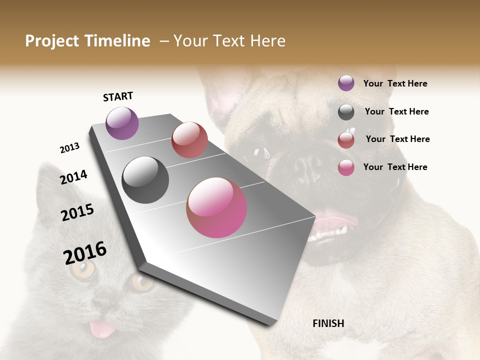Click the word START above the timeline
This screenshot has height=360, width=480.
pyautogui.click(x=118, y=96)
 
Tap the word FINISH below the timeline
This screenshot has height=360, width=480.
pyautogui.click(x=328, y=323)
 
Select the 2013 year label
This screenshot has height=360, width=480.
pyautogui.click(x=69, y=148)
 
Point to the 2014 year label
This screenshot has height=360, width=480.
pyautogui.click(x=73, y=177)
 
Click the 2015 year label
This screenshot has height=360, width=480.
pyautogui.click(x=77, y=212)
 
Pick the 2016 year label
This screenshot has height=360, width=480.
pyautogui.click(x=85, y=253)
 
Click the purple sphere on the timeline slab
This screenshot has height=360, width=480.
pyautogui.click(x=122, y=123)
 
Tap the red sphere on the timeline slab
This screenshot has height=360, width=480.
pyautogui.click(x=189, y=140)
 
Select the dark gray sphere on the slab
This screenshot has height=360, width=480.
pyautogui.click(x=145, y=180)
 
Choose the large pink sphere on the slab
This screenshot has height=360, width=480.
pyautogui.click(x=216, y=207)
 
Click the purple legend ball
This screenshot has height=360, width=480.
pyautogui.click(x=346, y=83)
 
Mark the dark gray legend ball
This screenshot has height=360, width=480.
pyautogui.click(x=346, y=112)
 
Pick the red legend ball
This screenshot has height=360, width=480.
pyautogui.click(x=346, y=140)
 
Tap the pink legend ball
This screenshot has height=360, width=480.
pyautogui.click(x=346, y=168)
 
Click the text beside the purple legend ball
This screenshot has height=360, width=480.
pyautogui.click(x=395, y=83)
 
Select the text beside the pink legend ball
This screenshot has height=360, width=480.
pyautogui.click(x=395, y=167)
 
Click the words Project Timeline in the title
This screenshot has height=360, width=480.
pyautogui.click(x=87, y=41)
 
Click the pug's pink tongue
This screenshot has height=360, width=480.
pyautogui.click(x=330, y=222)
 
